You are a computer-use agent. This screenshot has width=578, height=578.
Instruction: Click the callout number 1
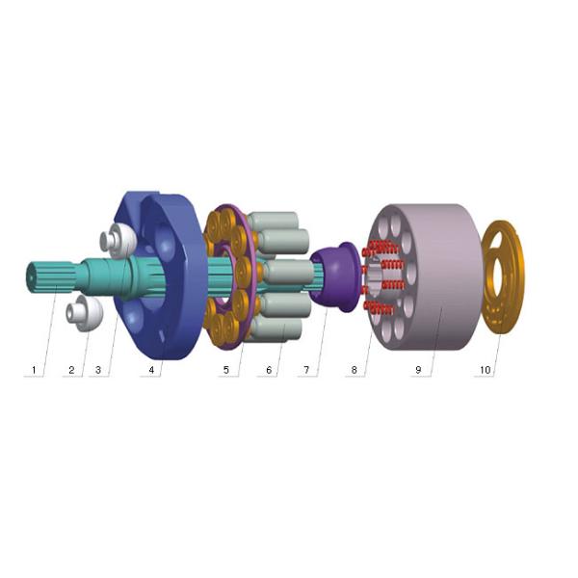pos(34,370)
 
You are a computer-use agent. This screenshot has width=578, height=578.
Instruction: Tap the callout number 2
pos(71,370)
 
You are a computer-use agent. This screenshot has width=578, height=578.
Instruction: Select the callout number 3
pos(98,370)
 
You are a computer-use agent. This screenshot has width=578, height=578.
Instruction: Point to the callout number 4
pos(151,370)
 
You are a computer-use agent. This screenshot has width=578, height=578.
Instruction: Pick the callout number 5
pos(226,370)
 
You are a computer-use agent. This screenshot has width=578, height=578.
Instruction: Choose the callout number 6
pos(269,370)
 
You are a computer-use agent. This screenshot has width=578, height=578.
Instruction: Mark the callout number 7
pos(306,370)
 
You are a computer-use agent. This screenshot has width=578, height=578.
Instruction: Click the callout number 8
pos(354,370)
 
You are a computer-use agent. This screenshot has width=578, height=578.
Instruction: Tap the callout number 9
pos(418,370)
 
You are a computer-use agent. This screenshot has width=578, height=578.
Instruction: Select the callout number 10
pos(486,370)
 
